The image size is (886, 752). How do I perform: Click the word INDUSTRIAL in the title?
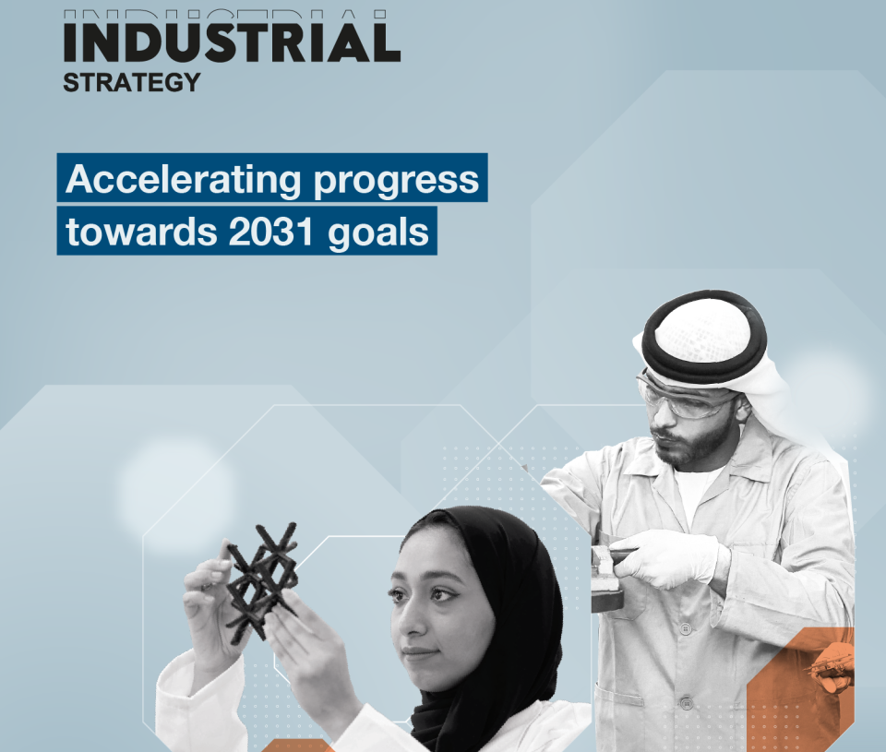click(232, 42)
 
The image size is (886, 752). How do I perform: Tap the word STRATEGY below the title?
click(132, 82)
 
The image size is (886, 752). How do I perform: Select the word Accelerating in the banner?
click(184, 180)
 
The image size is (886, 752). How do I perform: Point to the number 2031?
click(270, 231)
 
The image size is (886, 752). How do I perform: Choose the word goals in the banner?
click(378, 233)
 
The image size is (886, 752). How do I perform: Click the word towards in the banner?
click(141, 231)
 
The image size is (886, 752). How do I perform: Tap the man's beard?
click(692, 444)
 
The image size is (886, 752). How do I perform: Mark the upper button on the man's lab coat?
click(685, 628)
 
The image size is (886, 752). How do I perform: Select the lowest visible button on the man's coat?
click(687, 704)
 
